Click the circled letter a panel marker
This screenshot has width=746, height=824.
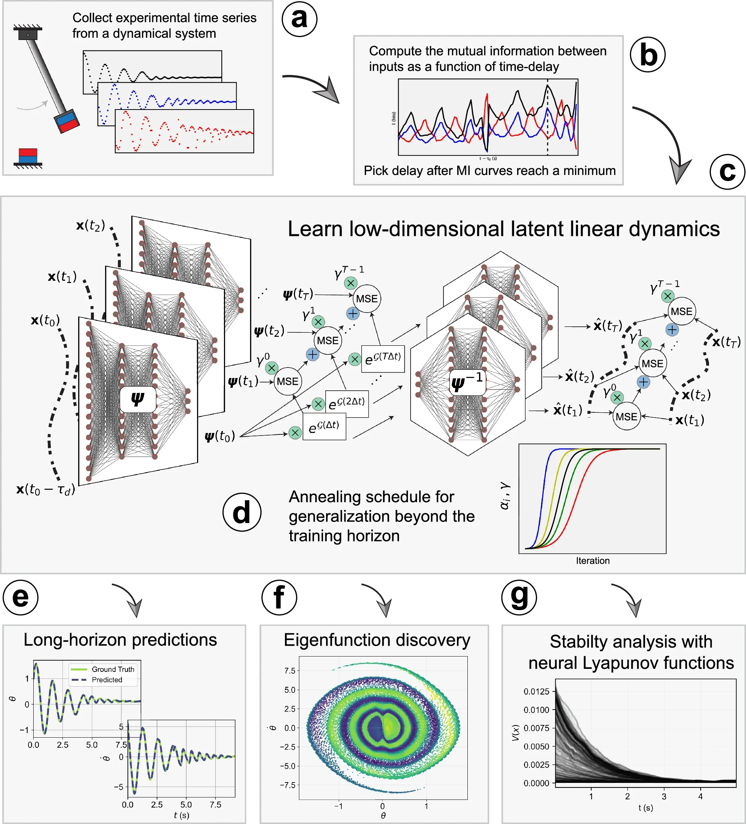coord(299,19)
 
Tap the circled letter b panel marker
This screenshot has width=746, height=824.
coord(648,55)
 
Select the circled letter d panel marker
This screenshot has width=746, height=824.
coord(242,512)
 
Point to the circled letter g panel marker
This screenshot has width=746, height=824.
coord(519,597)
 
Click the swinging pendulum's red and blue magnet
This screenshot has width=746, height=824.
coord(67,121)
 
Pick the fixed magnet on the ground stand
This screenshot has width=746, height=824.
coord(28,156)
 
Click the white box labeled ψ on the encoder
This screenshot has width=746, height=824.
coord(138,399)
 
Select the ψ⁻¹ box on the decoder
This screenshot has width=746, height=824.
coord(467,382)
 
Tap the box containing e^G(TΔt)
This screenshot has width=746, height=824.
coord(383,359)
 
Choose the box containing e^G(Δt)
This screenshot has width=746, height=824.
coord(324,427)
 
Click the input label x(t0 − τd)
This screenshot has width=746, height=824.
coord(45,489)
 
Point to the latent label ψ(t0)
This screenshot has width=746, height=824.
coord(220,436)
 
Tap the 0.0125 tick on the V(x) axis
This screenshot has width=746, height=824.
coord(536,691)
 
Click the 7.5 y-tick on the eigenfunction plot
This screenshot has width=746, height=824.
coord(289,671)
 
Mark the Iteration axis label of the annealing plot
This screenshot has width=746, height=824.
coord(592,561)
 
